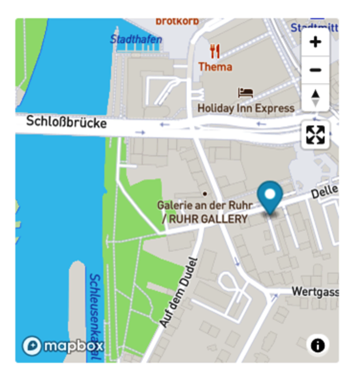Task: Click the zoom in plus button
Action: (x=315, y=42)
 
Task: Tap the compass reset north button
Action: (x=315, y=97)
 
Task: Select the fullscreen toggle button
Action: (x=315, y=134)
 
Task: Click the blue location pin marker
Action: (x=270, y=198)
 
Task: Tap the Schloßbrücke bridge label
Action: (x=66, y=122)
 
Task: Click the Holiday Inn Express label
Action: (x=246, y=108)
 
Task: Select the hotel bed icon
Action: (x=245, y=93)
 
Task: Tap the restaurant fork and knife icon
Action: (x=215, y=51)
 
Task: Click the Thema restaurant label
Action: (x=215, y=66)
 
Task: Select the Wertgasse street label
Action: (x=315, y=291)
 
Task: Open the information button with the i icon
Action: (x=318, y=344)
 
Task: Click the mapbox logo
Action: (x=63, y=346)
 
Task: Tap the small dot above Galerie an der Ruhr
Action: (x=205, y=193)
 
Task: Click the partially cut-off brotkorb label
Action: (x=177, y=21)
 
